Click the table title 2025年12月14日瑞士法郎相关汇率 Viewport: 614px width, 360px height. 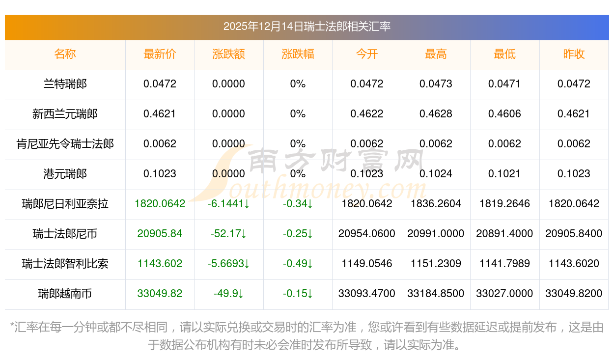(307, 27)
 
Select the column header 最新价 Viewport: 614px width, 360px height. (160, 54)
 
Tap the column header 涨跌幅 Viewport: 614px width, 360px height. (298, 54)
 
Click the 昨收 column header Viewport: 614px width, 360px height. (574, 54)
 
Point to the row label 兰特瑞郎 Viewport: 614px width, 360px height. (65, 84)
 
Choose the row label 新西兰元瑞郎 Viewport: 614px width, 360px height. (65, 114)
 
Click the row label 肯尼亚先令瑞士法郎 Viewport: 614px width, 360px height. (65, 144)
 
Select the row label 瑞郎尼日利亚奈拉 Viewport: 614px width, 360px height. (65, 204)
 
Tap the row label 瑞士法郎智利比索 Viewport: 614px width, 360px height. (65, 264)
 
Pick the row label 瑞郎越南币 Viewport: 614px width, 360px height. (65, 294)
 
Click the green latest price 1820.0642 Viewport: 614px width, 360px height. (160, 204)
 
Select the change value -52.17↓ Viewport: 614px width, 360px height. (228, 234)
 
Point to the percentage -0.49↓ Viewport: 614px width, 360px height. (298, 264)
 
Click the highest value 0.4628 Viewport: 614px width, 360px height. (436, 114)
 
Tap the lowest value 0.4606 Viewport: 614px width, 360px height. (504, 114)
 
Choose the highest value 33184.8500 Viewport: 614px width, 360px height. (436, 294)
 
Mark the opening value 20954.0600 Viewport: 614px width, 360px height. (366, 234)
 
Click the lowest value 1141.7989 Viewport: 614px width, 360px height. (504, 264)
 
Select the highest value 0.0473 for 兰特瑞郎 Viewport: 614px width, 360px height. (436, 84)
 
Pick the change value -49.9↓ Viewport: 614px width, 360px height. (228, 294)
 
